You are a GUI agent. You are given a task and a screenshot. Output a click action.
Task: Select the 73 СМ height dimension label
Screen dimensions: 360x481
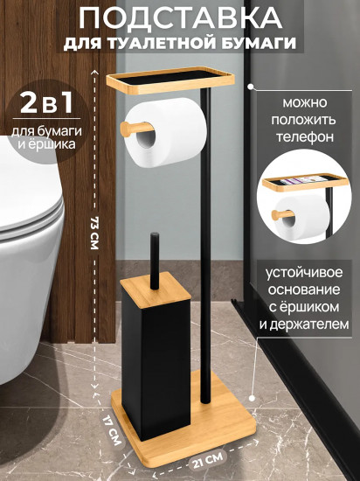[x=94, y=234]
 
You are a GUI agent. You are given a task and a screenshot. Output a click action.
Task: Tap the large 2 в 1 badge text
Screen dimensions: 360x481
[x=47, y=102]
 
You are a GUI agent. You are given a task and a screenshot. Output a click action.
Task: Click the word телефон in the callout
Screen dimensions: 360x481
[x=305, y=136]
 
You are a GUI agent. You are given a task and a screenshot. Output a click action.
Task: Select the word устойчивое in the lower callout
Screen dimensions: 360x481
[x=304, y=273]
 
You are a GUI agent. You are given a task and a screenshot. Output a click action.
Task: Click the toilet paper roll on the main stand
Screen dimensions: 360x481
[x=166, y=133]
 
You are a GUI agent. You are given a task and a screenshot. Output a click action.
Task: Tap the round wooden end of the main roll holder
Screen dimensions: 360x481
[x=126, y=129]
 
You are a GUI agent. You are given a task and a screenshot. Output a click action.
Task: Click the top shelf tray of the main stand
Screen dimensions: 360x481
[x=170, y=80]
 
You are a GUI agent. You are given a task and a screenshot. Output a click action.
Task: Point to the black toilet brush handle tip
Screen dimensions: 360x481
[x=155, y=236]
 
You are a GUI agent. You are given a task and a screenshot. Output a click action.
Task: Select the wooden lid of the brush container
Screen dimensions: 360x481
[x=156, y=290]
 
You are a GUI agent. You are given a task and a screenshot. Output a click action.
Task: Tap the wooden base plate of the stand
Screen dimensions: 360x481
[x=183, y=423]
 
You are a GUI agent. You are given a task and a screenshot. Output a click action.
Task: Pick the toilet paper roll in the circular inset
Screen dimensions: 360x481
[x=301, y=219]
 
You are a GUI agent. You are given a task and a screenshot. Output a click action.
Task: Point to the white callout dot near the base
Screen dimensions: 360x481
[x=253, y=398]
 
